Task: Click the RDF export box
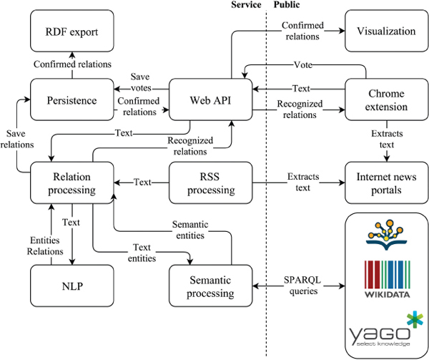[72, 31]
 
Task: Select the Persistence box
[72, 101]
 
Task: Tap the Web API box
[211, 101]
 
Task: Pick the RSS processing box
[211, 183]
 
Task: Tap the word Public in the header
[286, 5]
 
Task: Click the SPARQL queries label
[300, 286]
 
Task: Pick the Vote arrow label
[302, 64]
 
